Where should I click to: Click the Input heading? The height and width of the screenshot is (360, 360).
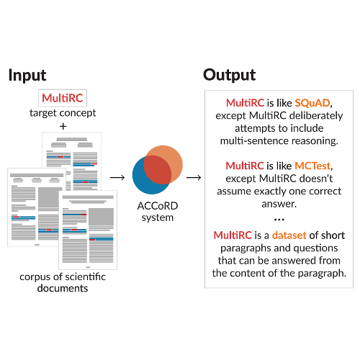tap(27, 75)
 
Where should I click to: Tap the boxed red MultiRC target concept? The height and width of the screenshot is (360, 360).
tap(63, 99)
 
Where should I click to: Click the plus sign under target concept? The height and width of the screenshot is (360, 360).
tap(63, 126)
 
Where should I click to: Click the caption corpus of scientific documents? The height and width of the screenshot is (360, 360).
tap(63, 282)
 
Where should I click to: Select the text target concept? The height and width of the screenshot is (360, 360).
tap(63, 113)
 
